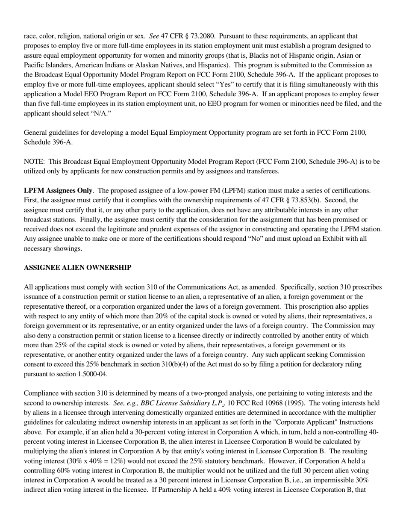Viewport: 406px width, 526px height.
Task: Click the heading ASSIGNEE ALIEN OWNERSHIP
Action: click(77, 268)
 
